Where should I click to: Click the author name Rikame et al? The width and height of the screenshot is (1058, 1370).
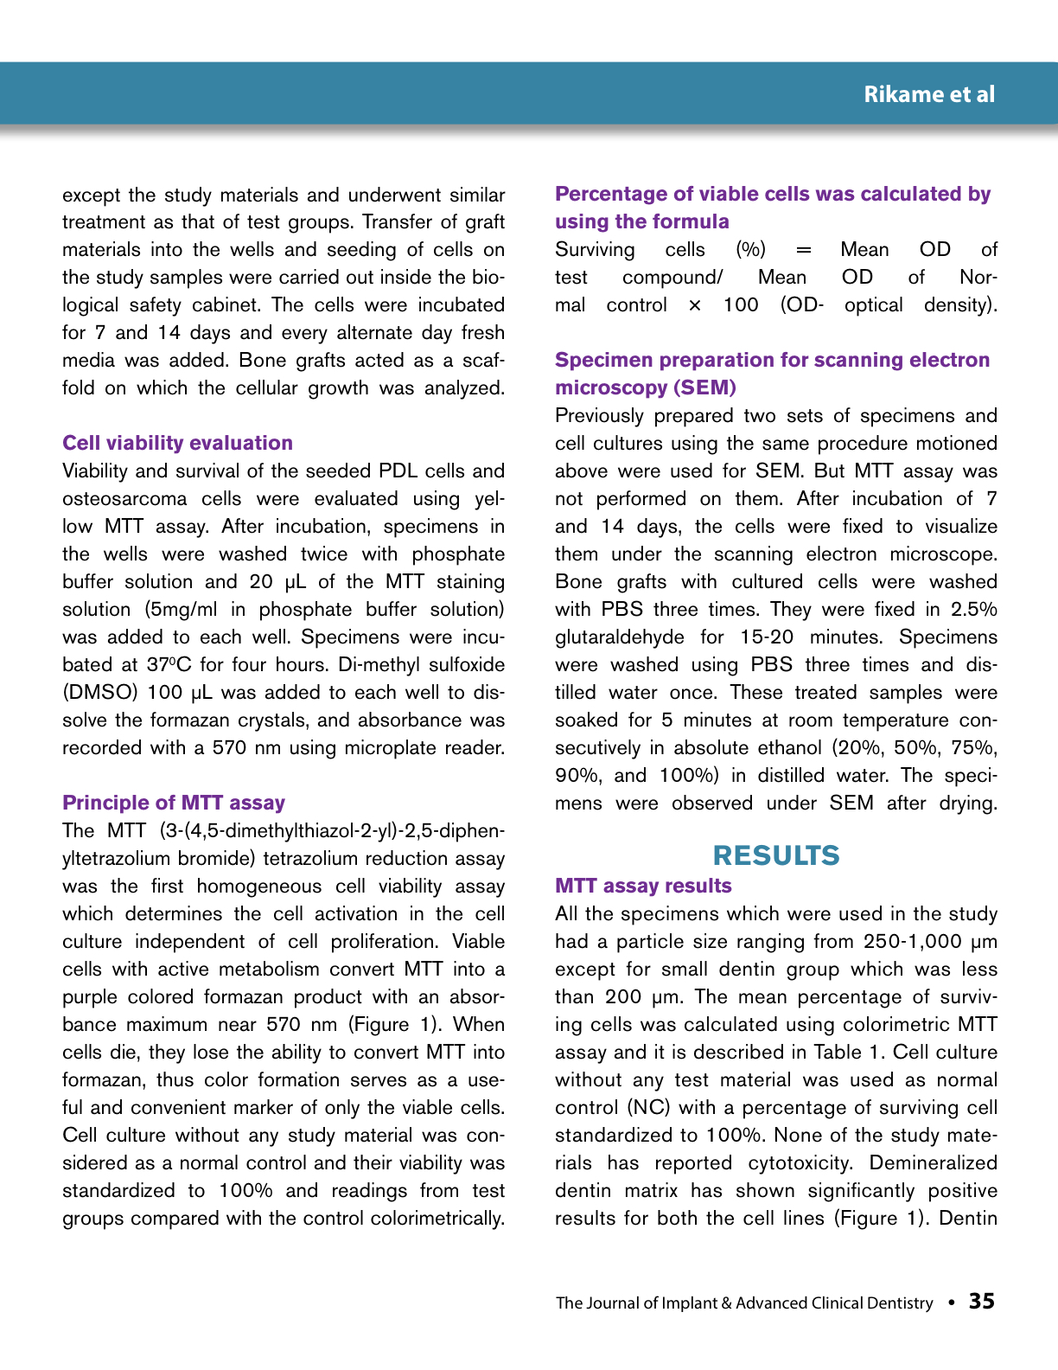coord(929,94)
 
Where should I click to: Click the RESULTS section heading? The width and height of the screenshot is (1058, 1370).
coord(775,855)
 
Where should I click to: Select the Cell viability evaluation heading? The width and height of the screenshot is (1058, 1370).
coord(177,443)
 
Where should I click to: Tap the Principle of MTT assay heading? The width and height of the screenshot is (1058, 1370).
coord(174,803)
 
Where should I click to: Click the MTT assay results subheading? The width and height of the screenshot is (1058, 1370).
coord(643,886)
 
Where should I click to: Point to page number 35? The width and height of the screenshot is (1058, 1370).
coord(982,1302)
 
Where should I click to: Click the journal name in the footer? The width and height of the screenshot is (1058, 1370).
coord(744,1303)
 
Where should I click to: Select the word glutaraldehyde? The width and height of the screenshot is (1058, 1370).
coord(619,637)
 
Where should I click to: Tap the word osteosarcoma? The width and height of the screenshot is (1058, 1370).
coord(124,499)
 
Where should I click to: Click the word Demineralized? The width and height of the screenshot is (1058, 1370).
coord(933,1163)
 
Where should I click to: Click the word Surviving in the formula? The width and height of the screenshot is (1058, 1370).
coord(595,250)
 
